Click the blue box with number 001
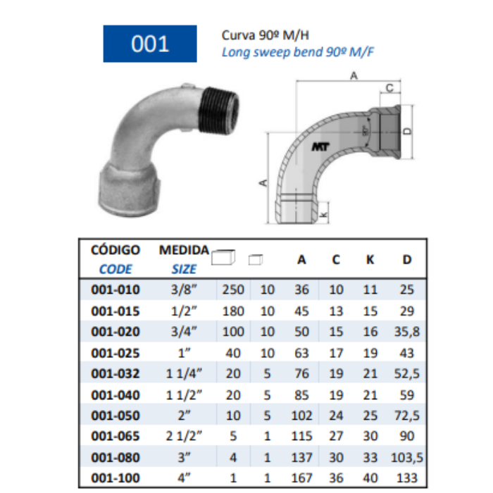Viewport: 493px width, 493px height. [150, 44]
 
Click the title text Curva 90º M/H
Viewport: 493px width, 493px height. [265, 35]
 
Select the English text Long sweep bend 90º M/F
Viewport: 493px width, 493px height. [298, 52]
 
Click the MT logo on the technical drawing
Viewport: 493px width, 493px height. [320, 146]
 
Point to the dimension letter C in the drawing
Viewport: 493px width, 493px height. [389, 88]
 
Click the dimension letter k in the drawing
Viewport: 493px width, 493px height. [323, 214]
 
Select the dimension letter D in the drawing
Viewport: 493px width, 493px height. [408, 131]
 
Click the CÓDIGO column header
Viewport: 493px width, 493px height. [116, 250]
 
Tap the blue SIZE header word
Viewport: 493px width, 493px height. [184, 269]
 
